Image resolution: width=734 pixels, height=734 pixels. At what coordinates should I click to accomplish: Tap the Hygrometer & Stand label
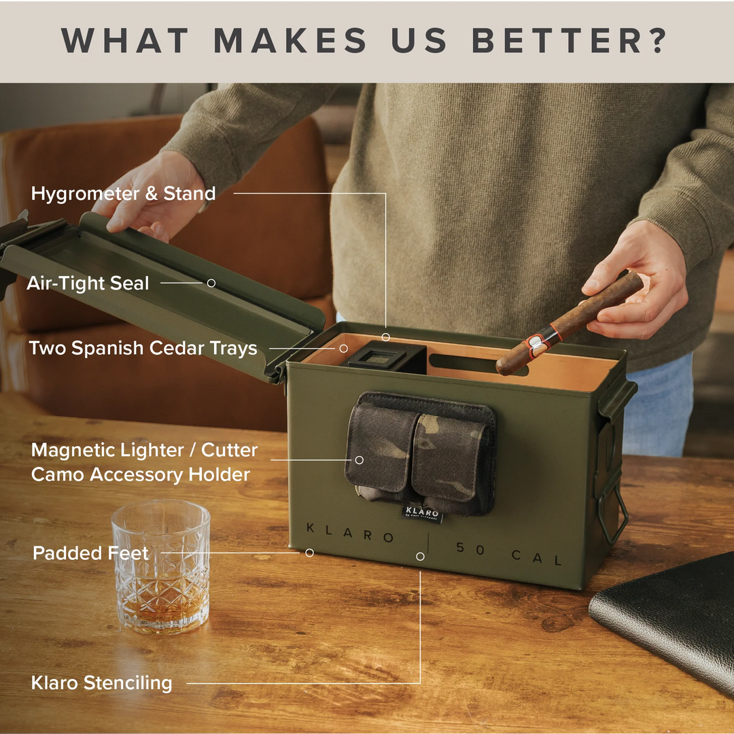point(123,194)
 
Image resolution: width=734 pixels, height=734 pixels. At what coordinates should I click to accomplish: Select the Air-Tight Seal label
point(88,283)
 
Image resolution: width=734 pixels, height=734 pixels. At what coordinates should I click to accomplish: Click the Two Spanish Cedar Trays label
point(143,349)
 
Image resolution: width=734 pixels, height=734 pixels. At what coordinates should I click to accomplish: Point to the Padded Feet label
point(90,553)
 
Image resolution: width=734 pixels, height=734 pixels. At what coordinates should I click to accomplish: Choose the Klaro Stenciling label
point(101,683)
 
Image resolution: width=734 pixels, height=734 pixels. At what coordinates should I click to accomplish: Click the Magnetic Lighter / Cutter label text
point(144,451)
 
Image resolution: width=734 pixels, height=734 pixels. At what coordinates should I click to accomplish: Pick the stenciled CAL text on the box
point(537,557)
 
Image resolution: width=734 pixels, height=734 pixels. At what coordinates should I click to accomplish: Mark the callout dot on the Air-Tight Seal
point(211,283)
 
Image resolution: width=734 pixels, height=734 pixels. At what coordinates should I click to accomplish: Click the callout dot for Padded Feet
point(309,553)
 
